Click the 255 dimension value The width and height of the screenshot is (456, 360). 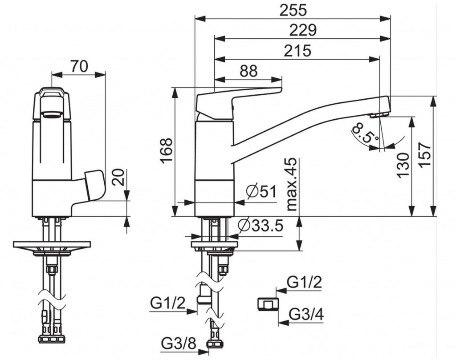(293, 9)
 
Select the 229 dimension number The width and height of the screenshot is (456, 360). (302, 30)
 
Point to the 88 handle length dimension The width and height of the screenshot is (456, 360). (249, 71)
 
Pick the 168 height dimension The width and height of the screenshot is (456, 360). (166, 151)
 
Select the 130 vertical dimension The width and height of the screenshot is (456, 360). (403, 165)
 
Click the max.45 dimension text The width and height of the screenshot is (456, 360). (291, 183)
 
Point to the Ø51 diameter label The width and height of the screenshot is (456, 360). (261, 192)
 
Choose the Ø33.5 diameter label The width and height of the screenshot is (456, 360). (260, 226)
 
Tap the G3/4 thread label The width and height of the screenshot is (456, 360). (306, 314)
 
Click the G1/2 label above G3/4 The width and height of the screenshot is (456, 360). (304, 282)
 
